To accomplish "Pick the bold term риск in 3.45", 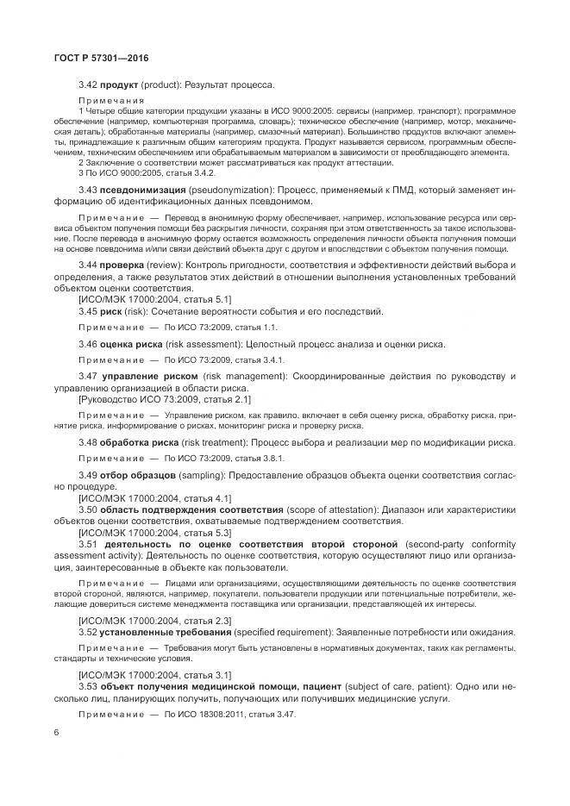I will point(112,311).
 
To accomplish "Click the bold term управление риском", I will point(148,378).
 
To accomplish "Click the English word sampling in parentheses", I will point(207,476).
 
